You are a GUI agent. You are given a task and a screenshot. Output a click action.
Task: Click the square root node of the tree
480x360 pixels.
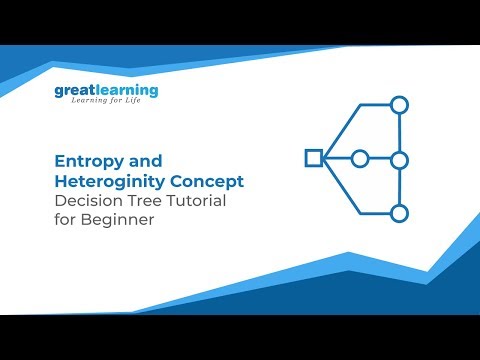point(313,157)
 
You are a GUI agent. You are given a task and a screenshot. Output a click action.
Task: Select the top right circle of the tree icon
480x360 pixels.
point(399,104)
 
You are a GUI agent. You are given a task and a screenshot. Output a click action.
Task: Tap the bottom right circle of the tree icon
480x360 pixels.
point(399,212)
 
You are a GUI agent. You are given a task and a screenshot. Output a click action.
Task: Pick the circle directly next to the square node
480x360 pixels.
point(360,158)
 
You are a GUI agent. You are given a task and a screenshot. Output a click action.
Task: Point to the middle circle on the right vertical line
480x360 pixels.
point(399,159)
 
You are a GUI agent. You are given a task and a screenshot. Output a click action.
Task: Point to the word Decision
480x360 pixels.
point(87,201)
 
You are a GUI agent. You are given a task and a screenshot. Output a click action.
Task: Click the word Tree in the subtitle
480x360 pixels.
point(147,201)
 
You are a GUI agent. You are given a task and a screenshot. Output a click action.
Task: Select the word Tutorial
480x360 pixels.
point(197,201)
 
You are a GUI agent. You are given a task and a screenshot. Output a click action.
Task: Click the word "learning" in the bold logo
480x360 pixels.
point(126,91)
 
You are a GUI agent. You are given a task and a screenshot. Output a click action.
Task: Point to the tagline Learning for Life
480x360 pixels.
point(107,105)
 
